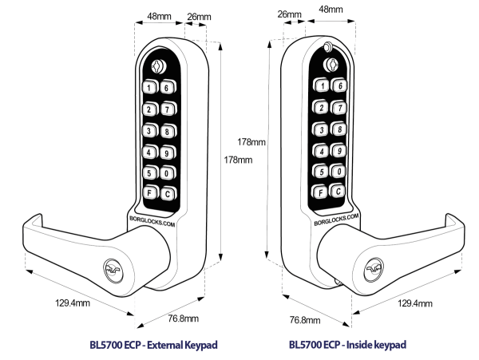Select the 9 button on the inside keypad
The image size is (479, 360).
338,149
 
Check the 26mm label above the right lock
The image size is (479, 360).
289,14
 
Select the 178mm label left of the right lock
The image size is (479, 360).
252,141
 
